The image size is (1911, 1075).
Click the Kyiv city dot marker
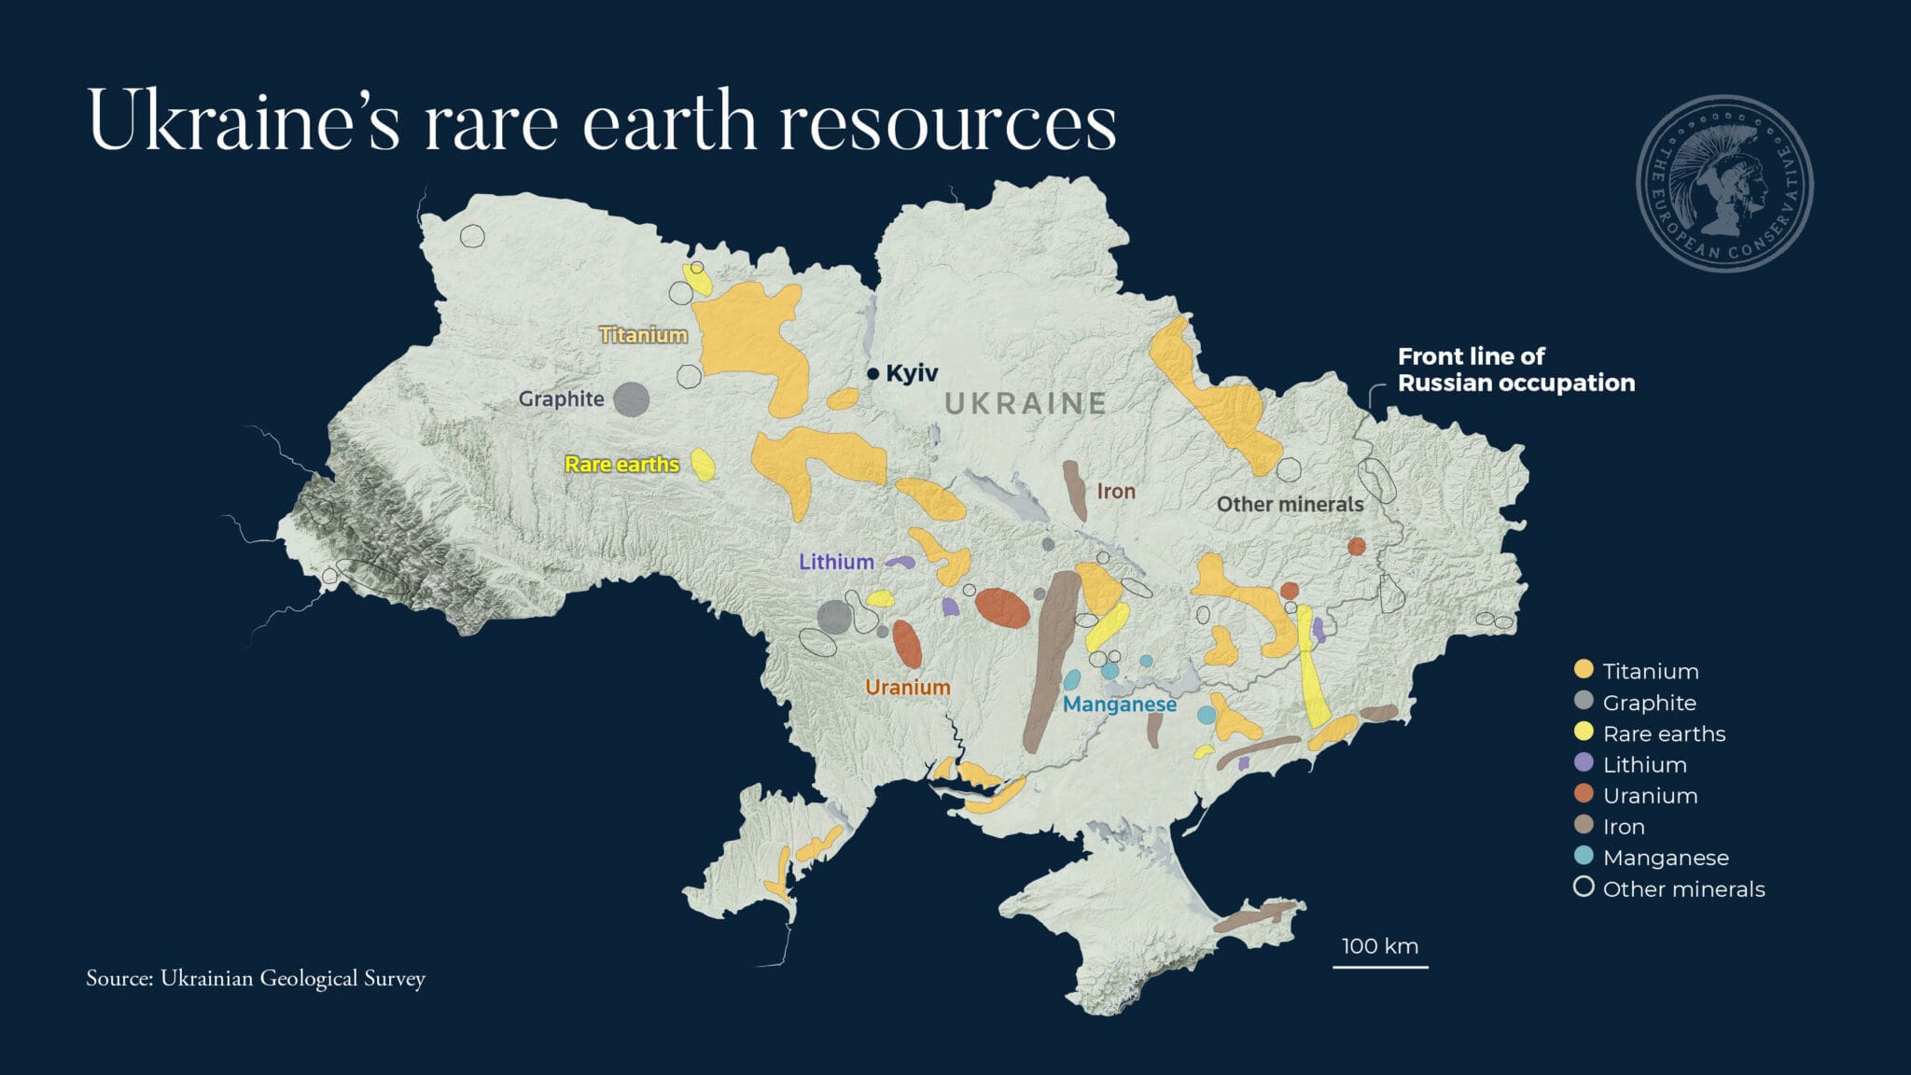point(873,373)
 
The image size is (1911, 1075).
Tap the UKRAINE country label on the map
point(1025,403)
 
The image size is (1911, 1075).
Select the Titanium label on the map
point(643,334)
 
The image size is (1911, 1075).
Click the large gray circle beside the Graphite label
point(632,399)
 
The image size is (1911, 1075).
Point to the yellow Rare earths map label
point(621,464)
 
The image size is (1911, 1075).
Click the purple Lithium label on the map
point(836,562)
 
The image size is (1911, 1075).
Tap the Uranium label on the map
point(907,687)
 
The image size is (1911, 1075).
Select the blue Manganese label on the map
point(1119,704)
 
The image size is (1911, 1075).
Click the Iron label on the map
point(1116,491)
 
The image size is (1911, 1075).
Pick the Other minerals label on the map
point(1290,504)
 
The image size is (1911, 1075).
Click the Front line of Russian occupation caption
point(1515,370)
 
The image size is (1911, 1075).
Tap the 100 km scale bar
point(1380,965)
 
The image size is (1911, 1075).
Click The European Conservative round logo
point(1724,184)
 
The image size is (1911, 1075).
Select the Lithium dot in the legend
point(1583,762)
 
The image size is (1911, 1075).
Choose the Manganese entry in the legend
point(1666,857)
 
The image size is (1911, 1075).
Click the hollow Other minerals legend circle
point(1583,887)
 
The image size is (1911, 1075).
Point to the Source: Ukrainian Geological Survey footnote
point(256,978)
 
